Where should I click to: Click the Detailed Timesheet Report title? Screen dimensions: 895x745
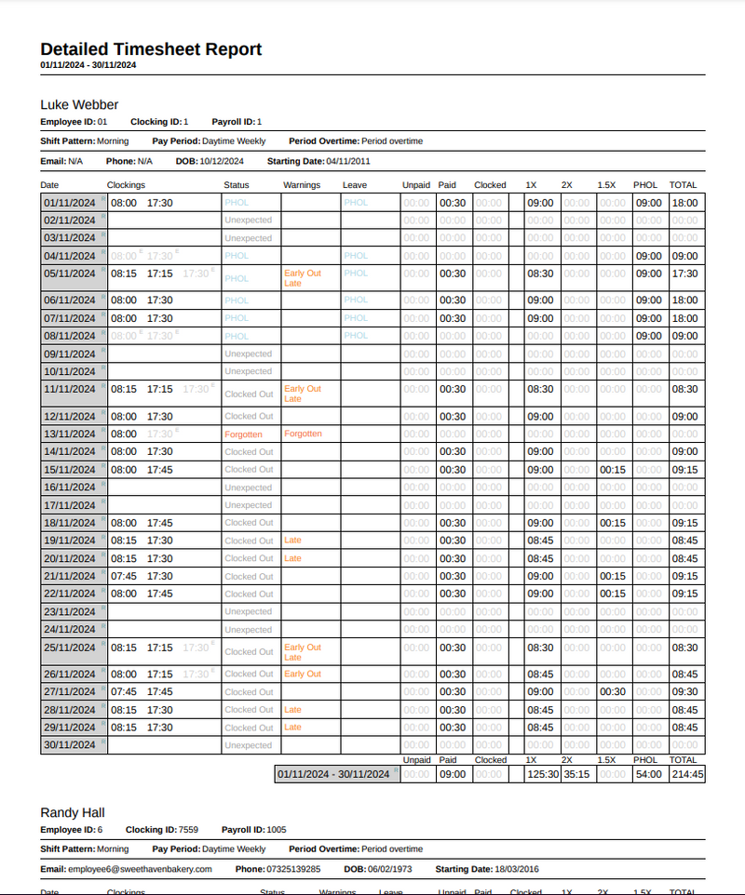point(151,49)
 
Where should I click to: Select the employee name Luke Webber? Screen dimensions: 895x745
point(79,104)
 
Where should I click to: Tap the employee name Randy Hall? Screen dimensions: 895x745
point(73,812)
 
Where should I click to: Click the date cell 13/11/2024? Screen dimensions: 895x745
point(70,434)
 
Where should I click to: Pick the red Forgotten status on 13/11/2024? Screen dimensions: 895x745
point(243,434)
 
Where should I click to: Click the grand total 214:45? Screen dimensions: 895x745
point(686,774)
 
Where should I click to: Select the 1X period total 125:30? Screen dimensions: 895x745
point(542,774)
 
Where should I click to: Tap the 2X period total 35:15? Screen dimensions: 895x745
point(576,774)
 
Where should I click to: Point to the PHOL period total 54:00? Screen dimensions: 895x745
point(647,774)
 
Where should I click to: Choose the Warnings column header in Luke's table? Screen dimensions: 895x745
point(302,185)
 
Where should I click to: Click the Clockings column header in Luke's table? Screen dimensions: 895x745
point(126,185)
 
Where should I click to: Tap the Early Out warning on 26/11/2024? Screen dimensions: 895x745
point(303,674)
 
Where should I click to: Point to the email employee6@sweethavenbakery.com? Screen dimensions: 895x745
point(140,869)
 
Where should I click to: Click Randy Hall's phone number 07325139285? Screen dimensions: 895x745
point(293,869)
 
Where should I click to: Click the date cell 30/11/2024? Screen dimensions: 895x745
point(70,745)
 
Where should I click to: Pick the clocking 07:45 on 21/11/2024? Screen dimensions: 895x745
point(123,577)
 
